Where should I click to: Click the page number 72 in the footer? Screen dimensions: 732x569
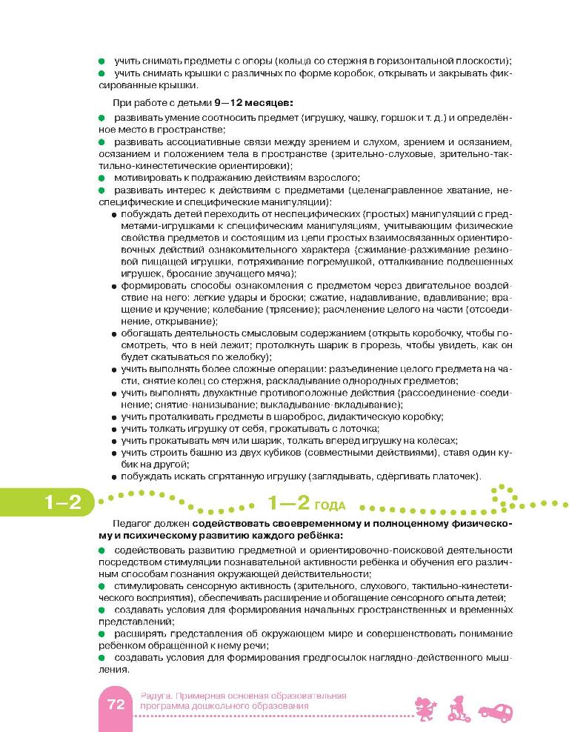coord(115,705)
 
